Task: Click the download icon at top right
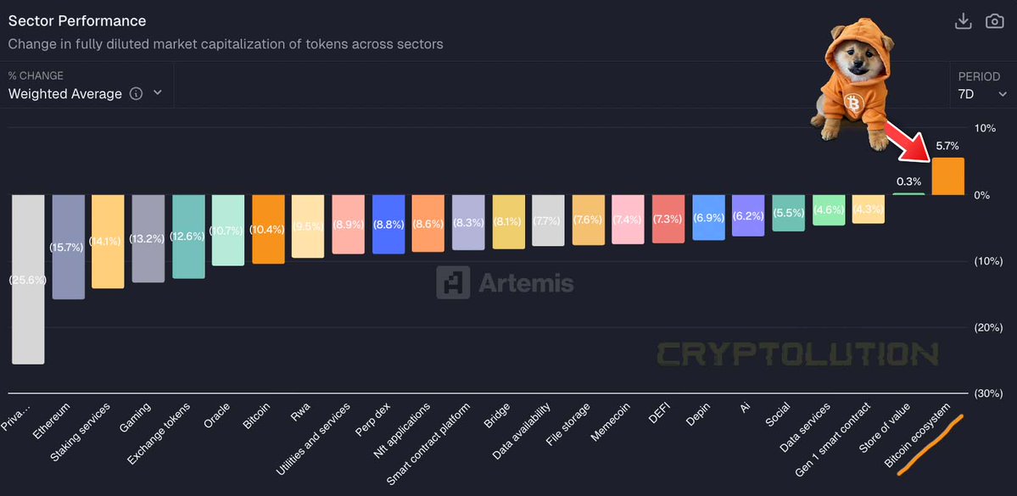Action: (x=963, y=21)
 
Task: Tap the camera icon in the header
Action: (x=994, y=21)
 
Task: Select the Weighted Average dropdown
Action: (x=84, y=94)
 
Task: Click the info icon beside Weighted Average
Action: (x=136, y=94)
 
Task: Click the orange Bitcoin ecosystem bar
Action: (x=947, y=176)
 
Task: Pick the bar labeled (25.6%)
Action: (x=27, y=279)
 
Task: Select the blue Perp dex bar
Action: (x=388, y=224)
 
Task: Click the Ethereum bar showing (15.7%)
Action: (x=68, y=247)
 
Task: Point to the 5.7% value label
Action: (x=947, y=146)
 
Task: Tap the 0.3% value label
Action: (x=908, y=181)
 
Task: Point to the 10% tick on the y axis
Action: (x=984, y=128)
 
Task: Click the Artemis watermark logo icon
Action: (x=453, y=282)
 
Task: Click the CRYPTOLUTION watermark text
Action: (x=797, y=354)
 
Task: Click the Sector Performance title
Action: (x=77, y=21)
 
